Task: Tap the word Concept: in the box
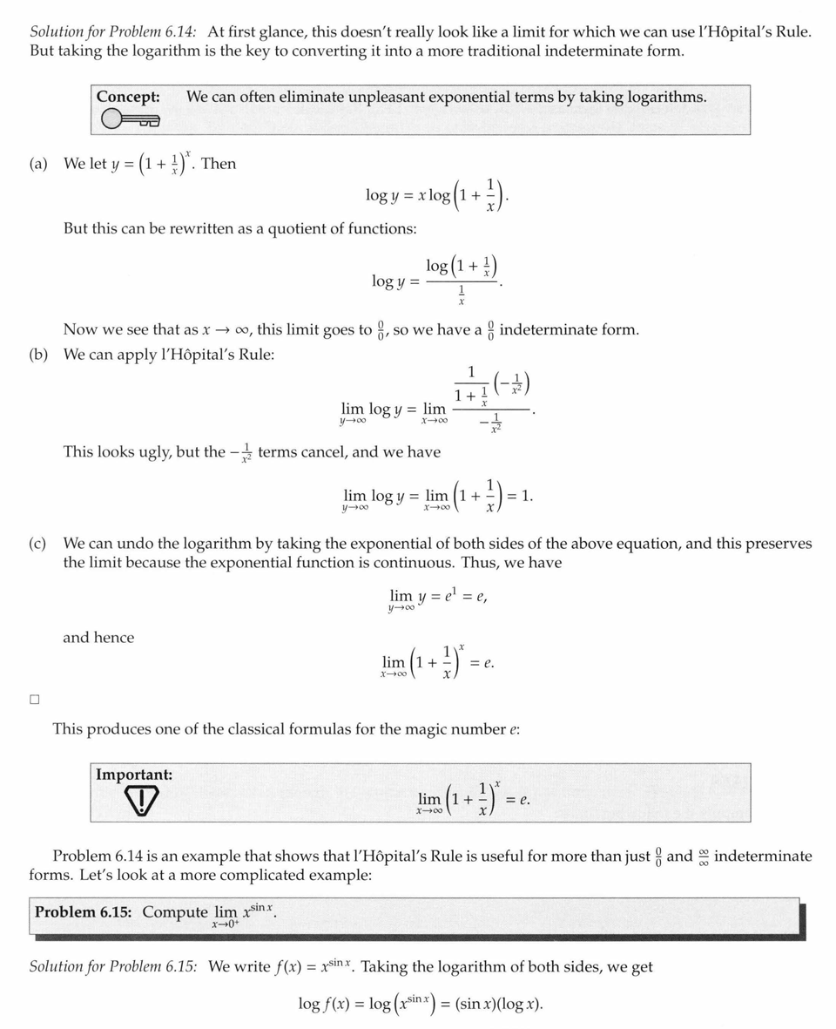[128, 97]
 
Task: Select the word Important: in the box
[134, 775]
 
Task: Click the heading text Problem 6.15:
[84, 911]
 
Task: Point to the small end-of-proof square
[35, 699]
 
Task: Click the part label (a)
[38, 164]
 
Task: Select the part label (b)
[38, 355]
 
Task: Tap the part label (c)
[37, 544]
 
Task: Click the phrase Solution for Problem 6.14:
[113, 31]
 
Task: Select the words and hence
[98, 638]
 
